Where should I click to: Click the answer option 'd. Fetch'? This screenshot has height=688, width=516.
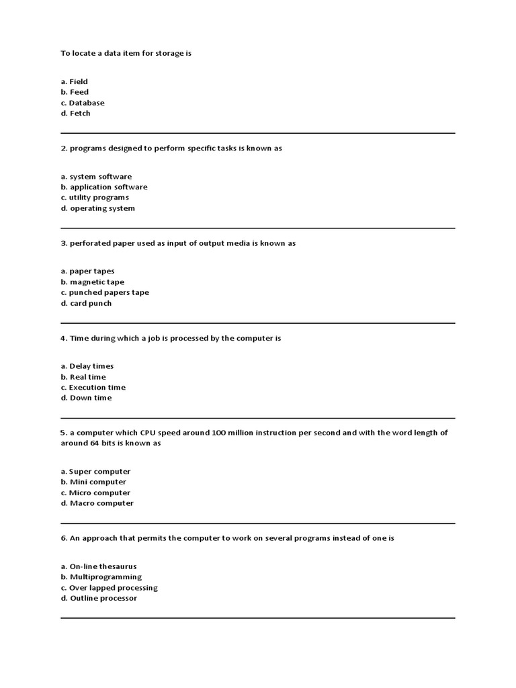[x=75, y=114]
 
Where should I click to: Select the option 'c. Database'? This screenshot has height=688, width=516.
[x=83, y=103]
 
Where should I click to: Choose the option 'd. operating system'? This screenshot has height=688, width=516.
[x=98, y=208]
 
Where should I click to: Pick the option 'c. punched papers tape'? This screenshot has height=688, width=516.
[x=105, y=292]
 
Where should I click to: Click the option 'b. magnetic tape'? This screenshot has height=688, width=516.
[x=93, y=282]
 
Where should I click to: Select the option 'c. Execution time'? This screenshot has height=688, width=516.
[x=93, y=387]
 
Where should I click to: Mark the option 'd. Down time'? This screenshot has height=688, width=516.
[x=86, y=398]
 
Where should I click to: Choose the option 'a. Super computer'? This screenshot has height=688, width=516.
[x=95, y=472]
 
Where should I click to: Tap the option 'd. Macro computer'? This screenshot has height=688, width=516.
[x=97, y=503]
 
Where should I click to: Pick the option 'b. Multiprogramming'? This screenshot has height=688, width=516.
[x=101, y=577]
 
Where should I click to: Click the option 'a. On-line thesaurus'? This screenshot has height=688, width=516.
[x=99, y=566]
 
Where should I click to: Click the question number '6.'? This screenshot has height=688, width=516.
[x=64, y=538]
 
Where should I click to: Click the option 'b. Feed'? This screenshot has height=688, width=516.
[x=75, y=92]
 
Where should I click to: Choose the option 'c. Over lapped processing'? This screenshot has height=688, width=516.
[x=109, y=588]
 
